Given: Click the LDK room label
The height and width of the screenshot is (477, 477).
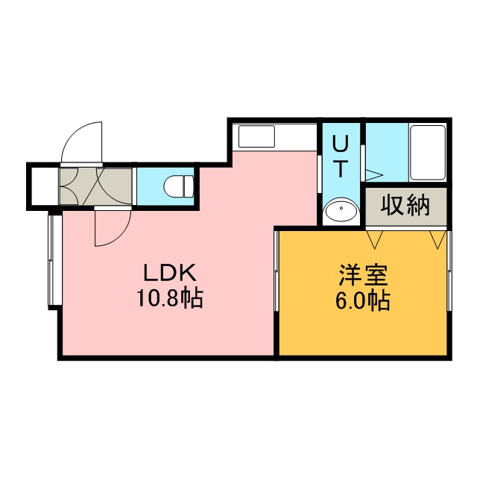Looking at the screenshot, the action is pyautogui.click(x=170, y=273).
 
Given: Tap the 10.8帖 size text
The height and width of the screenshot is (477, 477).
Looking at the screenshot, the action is pyautogui.click(x=169, y=298).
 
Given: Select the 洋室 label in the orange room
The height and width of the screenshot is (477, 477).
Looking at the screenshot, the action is pyautogui.click(x=364, y=275).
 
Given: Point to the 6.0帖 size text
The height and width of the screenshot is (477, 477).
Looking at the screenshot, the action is pyautogui.click(x=363, y=300).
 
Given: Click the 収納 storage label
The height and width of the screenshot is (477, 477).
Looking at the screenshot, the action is pyautogui.click(x=405, y=206).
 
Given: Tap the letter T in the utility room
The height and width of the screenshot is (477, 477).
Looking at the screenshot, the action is pyautogui.click(x=341, y=168).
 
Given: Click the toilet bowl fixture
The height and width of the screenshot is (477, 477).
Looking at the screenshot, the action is pyautogui.click(x=179, y=186).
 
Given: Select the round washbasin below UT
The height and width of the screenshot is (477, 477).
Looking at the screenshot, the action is pyautogui.click(x=341, y=210).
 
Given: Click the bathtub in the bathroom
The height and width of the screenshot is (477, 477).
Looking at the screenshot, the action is pyautogui.click(x=427, y=153).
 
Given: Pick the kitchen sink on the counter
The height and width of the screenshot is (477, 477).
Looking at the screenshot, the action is pyautogui.click(x=256, y=136).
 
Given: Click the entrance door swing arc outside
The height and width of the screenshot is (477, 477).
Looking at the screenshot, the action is pyautogui.click(x=81, y=142).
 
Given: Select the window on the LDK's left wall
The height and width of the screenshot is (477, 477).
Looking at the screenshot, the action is pyautogui.click(x=54, y=261).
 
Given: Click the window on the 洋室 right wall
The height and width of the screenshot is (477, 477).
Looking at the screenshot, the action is pyautogui.click(x=449, y=271).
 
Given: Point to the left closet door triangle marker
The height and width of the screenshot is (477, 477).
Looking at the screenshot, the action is pyautogui.click(x=374, y=240).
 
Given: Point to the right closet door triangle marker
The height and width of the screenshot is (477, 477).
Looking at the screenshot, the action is pyautogui.click(x=437, y=240).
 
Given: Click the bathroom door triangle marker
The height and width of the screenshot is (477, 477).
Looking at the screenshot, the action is pyautogui.click(x=373, y=175).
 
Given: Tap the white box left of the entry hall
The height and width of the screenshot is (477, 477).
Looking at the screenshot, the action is pyautogui.click(x=45, y=186).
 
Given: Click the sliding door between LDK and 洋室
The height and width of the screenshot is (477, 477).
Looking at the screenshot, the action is pyautogui.click(x=277, y=271).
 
